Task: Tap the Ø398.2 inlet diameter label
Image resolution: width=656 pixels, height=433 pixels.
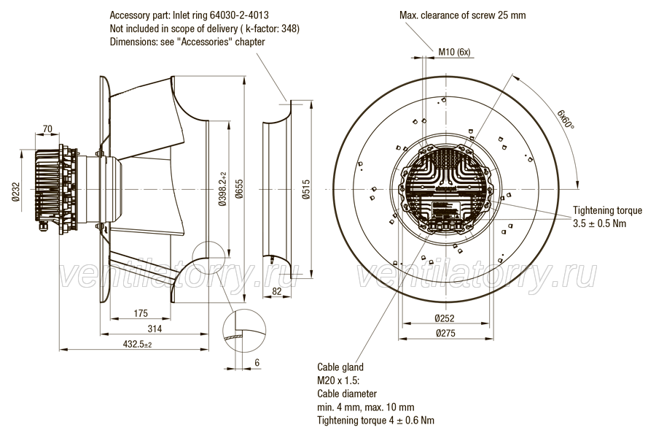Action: coord(222,189)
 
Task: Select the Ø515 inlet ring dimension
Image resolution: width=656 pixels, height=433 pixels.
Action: coord(306,189)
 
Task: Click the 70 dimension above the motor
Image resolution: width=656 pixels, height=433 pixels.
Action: coord(47,129)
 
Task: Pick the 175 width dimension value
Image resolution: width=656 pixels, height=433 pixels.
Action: coord(141,313)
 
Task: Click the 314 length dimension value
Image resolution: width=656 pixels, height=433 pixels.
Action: coord(155,329)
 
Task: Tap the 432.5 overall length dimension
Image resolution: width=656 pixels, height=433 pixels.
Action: coord(137,345)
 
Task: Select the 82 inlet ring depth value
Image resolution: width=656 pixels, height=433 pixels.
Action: coord(276,291)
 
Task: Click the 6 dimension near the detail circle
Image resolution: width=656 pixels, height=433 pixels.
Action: coord(257,363)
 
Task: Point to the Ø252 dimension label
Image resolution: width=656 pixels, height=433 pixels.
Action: coord(445,318)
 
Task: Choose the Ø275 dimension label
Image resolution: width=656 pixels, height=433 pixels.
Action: coord(445,334)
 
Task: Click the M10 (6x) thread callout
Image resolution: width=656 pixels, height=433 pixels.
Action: coord(454,52)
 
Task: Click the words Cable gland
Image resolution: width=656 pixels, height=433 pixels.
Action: coord(340,367)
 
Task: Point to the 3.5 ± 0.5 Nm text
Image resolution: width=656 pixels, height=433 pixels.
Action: coord(600,223)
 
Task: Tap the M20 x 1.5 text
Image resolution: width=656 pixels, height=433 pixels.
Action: coord(338,380)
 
